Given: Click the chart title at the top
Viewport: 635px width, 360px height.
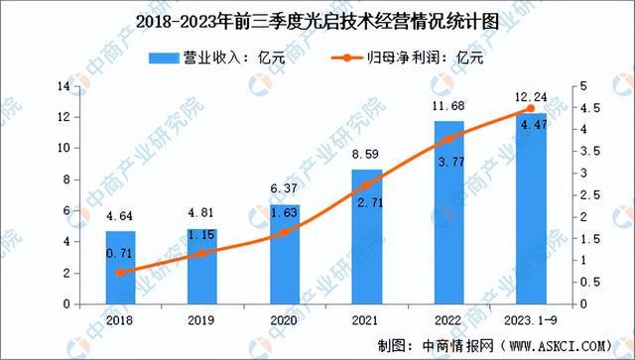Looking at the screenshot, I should coord(317,18).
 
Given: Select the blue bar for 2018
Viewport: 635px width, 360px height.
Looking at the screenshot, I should coord(121,268).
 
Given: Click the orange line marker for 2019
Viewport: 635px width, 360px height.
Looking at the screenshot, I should coord(203,253).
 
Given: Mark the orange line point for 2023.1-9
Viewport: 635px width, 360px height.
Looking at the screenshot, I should coord(530,109).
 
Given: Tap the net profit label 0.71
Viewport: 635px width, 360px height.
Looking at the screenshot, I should coord(121,254).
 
